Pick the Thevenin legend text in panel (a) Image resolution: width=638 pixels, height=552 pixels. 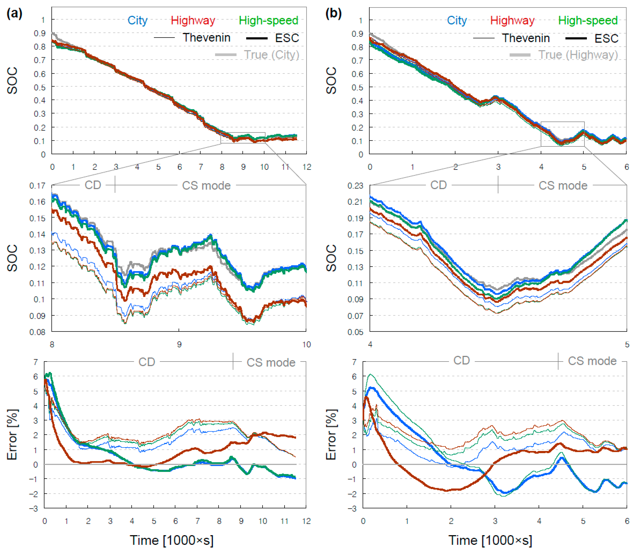(x=206, y=38)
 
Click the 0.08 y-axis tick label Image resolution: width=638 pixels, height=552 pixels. (x=37, y=332)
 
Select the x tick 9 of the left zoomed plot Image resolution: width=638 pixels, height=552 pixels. (x=179, y=344)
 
